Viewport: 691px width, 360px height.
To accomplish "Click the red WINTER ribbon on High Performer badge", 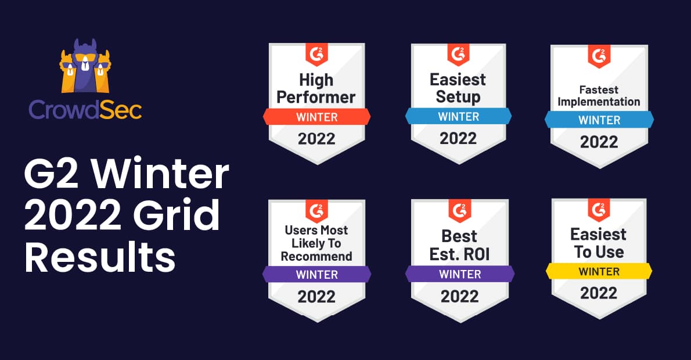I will [316, 117].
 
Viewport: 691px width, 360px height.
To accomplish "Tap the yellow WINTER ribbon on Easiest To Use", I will [599, 271].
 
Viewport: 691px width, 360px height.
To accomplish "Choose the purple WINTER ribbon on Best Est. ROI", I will [459, 273].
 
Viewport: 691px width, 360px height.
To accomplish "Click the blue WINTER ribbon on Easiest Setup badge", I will [458, 116].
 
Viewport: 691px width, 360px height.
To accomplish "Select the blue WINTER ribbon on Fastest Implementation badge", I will [599, 120].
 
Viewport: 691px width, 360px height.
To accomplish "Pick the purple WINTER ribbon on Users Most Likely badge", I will [316, 274].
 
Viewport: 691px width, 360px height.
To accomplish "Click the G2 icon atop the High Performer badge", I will [316, 55].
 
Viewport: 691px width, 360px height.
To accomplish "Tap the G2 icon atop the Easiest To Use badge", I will [599, 210].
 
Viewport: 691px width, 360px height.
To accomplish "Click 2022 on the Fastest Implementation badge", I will [599, 142].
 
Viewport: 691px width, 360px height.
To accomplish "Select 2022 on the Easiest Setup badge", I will [458, 139].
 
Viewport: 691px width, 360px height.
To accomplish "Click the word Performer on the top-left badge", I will [316, 96].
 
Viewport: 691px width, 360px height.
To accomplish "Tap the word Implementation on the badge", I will [599, 102].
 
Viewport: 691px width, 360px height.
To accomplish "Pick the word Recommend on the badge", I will [316, 256].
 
